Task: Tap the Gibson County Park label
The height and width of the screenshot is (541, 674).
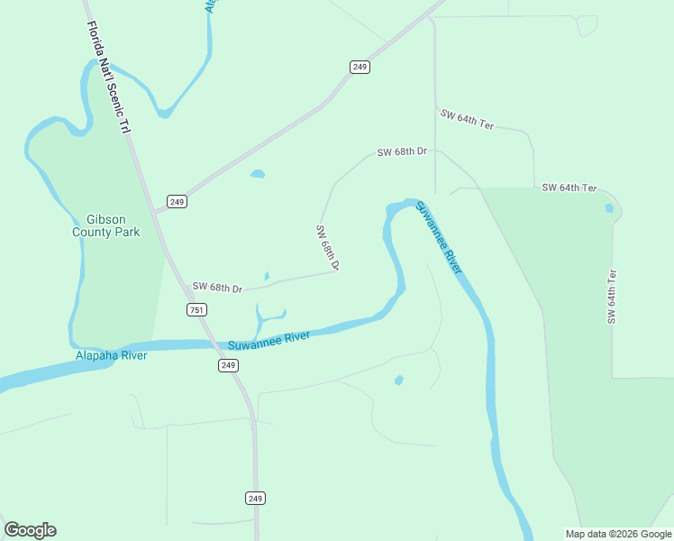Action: point(106,225)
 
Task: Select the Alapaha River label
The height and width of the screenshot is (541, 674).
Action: point(111,355)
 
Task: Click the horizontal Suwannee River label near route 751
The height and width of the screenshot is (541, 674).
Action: point(269,341)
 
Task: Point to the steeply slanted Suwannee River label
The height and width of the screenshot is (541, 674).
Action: point(440,237)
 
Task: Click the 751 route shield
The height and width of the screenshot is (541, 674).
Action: point(197,309)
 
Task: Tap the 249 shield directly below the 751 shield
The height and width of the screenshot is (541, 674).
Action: point(228,365)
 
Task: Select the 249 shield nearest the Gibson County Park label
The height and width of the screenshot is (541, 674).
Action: point(177,201)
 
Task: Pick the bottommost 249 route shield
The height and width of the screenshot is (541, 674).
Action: point(256,498)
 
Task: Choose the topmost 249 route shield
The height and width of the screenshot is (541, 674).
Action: point(360,67)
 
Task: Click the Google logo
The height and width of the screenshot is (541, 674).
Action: point(30,530)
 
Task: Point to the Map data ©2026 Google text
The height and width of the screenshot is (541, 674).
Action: point(618,534)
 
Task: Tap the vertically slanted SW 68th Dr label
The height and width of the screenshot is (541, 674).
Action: point(327,248)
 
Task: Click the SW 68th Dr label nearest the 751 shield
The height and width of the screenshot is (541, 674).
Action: point(217,289)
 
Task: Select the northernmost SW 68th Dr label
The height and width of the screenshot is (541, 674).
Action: point(401,152)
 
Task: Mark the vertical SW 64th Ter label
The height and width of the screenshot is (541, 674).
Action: point(612,297)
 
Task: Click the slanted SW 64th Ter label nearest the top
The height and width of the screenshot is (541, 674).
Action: point(468,119)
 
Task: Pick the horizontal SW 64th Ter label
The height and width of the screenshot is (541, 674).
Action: point(569,188)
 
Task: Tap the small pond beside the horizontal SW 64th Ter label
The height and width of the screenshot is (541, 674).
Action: point(609,208)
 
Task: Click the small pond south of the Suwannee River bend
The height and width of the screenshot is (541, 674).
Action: point(398,381)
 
